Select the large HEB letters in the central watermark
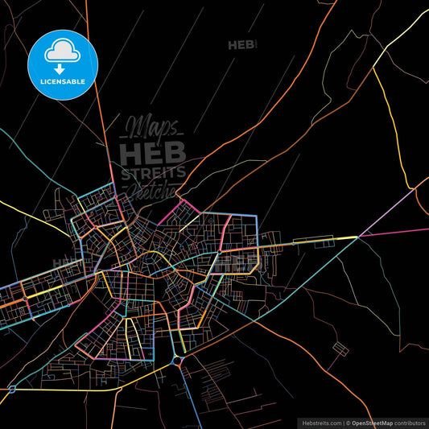153,151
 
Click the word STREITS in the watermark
153,171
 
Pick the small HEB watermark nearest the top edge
241,46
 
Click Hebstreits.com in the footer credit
320,423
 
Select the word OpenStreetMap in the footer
371,423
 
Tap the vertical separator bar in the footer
341,423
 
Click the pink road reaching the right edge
402,232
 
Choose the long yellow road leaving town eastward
314,239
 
